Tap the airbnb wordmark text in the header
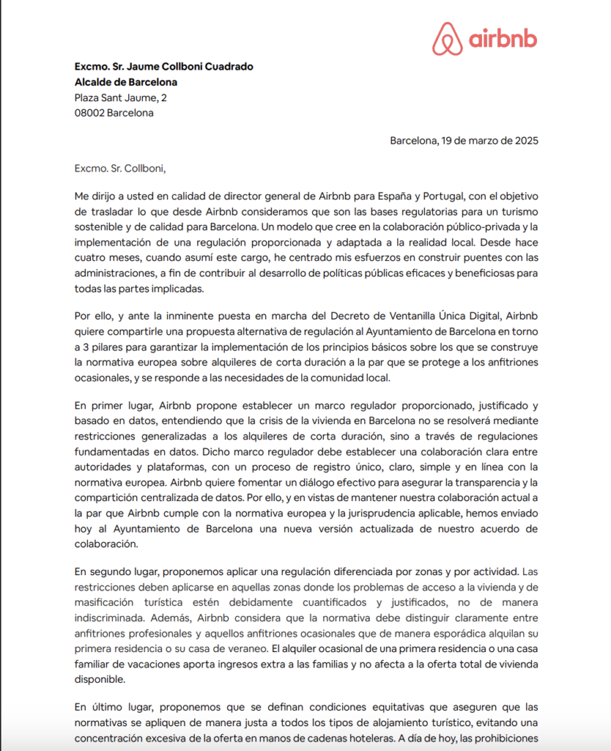coord(503,38)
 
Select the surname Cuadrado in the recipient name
coord(227,67)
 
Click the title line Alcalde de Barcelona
coord(125,82)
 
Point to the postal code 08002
coord(89,113)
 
